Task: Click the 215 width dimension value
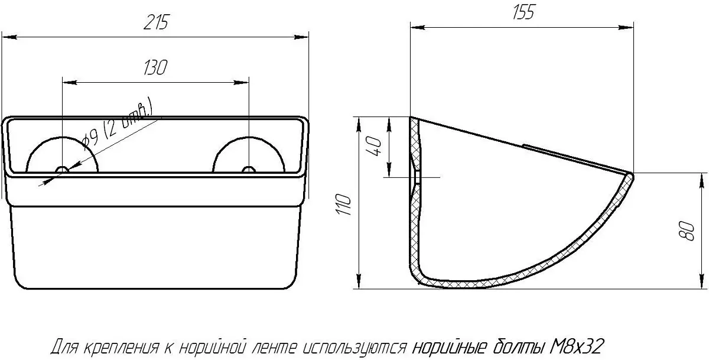157,22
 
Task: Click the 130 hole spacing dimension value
155,67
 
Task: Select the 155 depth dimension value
523,12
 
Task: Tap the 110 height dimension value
344,204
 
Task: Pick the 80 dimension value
687,232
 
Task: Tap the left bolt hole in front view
63,170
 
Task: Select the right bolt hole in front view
249,170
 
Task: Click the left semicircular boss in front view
63,137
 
